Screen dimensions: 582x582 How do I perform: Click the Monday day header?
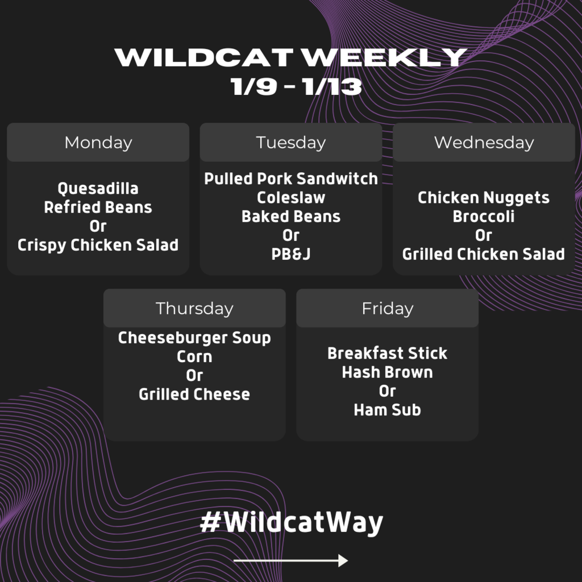98,143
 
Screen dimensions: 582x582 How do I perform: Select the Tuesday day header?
291,143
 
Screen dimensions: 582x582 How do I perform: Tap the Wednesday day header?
484,143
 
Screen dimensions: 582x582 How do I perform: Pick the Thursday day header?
194,309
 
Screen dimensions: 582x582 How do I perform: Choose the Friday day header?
388,309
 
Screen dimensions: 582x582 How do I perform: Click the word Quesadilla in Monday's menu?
98,189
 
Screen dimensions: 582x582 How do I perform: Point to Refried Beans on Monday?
98,207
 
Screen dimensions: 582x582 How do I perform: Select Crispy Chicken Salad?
98,245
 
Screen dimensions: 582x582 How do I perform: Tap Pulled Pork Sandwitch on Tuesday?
291,178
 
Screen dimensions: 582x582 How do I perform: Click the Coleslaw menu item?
291,197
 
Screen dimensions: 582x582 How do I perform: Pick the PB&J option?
291,254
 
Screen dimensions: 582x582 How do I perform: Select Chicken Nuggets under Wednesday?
484,198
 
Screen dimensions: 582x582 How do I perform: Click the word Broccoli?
484,217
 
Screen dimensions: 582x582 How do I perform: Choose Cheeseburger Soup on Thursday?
194,338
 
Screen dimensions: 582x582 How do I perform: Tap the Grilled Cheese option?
194,394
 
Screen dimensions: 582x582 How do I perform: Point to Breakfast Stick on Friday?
388,354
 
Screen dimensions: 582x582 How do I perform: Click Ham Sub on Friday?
388,410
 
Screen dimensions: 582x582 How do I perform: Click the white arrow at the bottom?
290,560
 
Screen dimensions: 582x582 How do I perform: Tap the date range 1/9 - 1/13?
296,86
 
